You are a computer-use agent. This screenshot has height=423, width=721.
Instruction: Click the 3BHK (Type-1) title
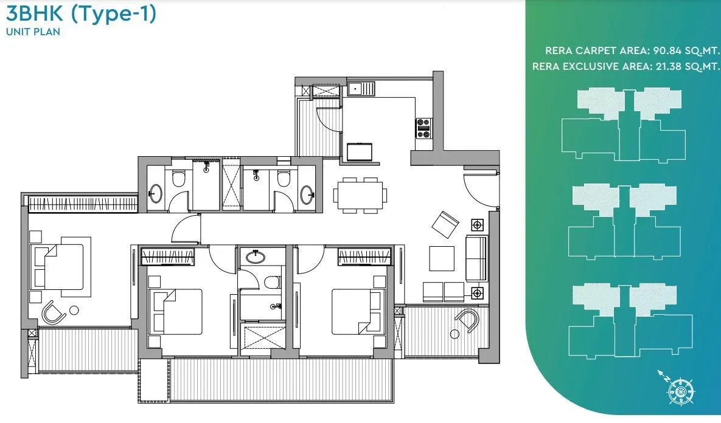pyautogui.click(x=80, y=14)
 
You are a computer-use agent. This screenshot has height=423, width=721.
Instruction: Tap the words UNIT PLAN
pyautogui.click(x=33, y=32)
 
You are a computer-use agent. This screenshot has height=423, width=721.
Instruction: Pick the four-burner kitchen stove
pyautogui.click(x=423, y=128)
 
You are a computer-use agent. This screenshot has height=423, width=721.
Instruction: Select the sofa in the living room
pyautogui.click(x=476, y=258)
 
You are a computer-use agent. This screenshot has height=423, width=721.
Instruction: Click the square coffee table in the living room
pyautogui.click(x=441, y=258)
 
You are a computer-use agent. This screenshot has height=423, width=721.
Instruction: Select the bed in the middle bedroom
pyautogui.click(x=176, y=311)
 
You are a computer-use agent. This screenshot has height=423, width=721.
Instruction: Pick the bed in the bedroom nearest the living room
pyautogui.click(x=358, y=311)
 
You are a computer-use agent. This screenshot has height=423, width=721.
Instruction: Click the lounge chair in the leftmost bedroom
pyautogui.click(x=53, y=312)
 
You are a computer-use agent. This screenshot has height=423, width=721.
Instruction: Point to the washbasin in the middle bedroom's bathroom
pyautogui.click(x=256, y=256)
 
